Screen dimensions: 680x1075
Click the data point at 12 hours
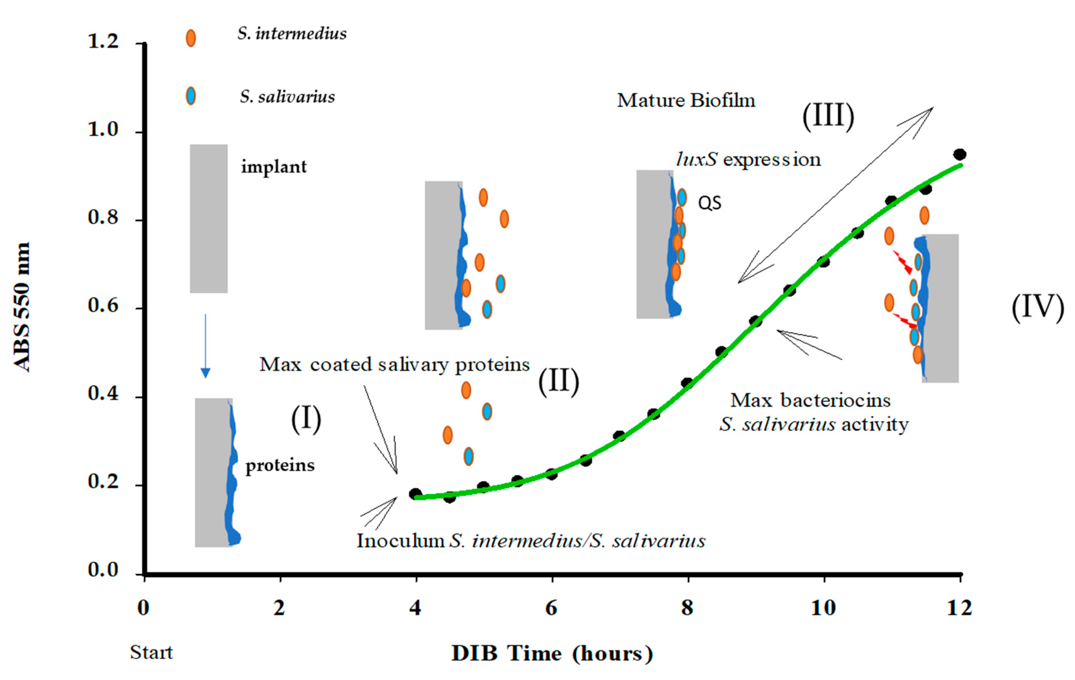959,155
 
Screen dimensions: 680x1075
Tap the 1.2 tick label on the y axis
103,41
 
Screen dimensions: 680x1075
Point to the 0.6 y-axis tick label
103,306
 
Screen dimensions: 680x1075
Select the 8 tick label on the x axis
687,608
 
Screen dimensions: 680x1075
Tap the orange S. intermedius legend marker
191,38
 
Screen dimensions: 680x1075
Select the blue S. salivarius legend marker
191,96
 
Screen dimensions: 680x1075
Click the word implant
274,167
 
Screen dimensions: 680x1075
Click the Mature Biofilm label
686,100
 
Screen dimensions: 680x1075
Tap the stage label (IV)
1038,307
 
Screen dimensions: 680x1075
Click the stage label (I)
306,420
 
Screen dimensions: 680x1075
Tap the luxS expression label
748,159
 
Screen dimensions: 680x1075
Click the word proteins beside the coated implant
280,465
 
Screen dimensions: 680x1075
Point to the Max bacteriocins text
810,401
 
